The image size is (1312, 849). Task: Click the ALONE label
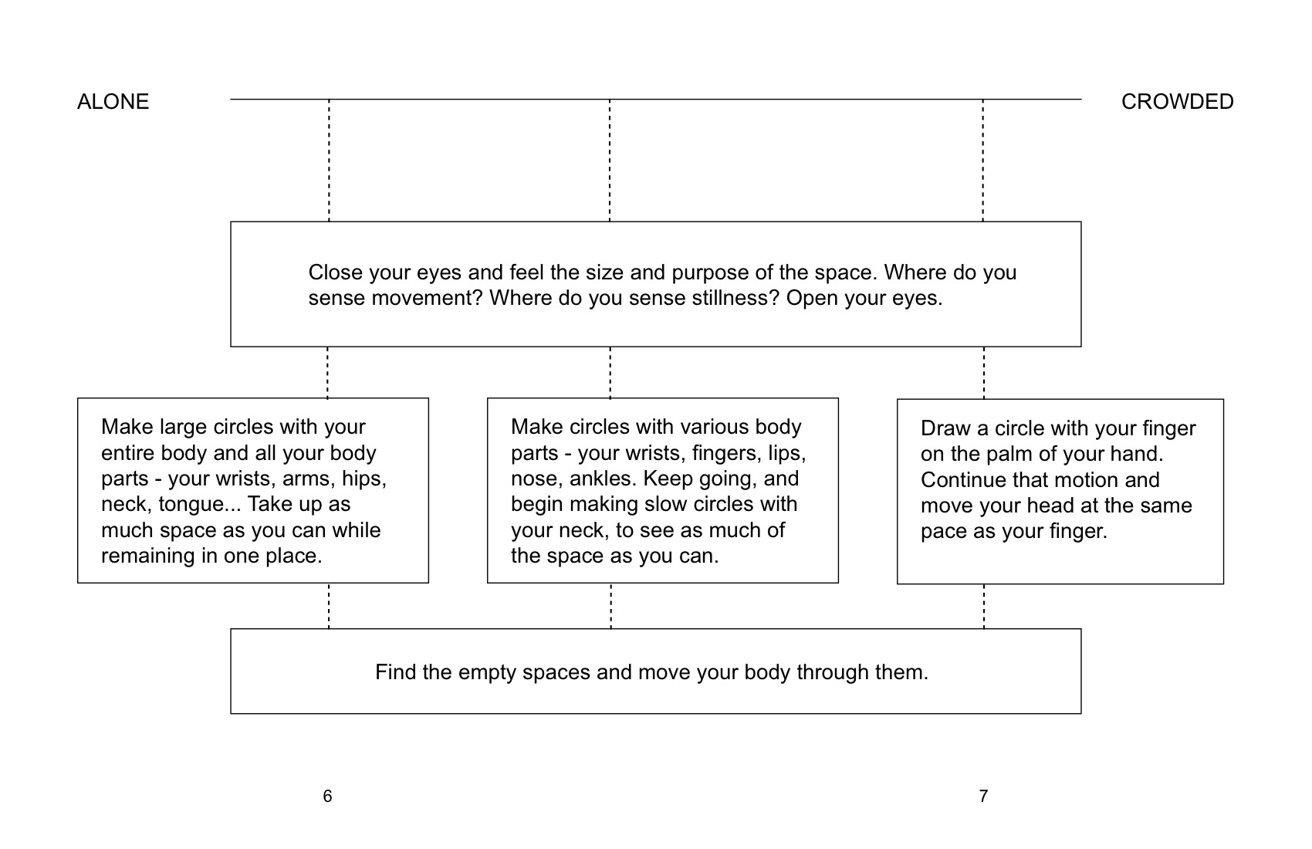pos(113,102)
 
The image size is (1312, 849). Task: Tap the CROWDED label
pos(1177,102)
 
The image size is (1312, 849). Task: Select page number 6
pos(327,796)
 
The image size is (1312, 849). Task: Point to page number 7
pos(983,796)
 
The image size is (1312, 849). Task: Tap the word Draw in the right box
pos(945,428)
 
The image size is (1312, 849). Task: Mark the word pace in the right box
pos(944,532)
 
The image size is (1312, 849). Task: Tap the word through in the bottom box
pos(833,672)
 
